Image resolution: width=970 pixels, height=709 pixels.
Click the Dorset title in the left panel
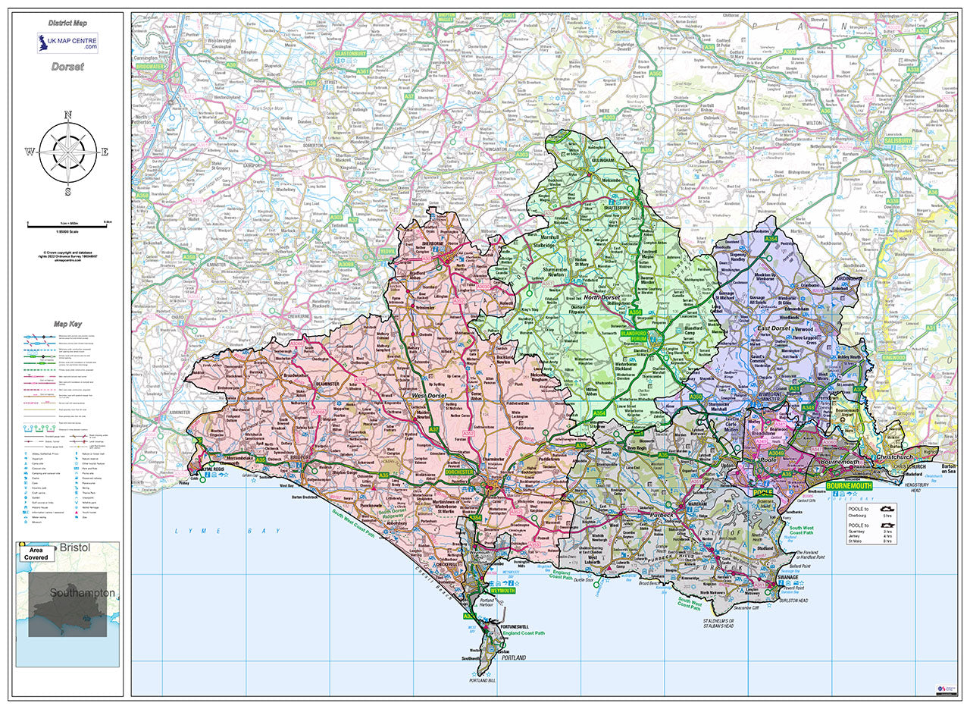point(67,67)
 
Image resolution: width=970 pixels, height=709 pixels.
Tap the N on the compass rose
point(67,115)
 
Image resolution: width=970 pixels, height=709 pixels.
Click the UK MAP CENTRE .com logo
point(67,43)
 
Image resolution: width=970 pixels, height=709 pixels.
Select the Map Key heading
point(68,324)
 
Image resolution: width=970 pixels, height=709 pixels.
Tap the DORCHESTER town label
point(458,472)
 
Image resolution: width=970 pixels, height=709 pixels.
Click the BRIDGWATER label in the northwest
point(151,66)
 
